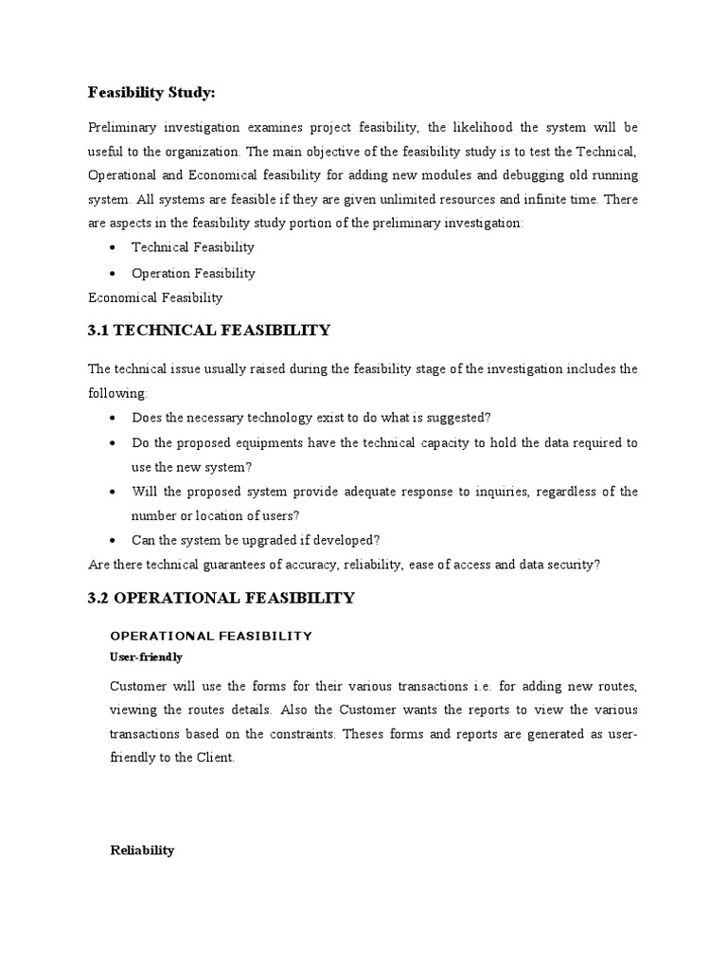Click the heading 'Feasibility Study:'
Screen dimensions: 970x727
click(x=151, y=92)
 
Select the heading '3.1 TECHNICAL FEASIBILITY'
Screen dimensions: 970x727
click(x=209, y=331)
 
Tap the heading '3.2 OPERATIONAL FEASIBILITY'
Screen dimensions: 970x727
click(x=222, y=598)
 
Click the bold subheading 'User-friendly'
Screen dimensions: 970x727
click(x=147, y=656)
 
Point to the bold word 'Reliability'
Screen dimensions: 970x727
click(x=143, y=850)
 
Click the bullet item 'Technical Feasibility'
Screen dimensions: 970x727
click(x=193, y=247)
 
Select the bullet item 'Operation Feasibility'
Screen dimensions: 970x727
click(x=193, y=273)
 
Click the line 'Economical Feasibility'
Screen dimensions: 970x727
click(x=155, y=297)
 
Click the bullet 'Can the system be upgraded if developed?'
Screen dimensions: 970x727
click(x=256, y=541)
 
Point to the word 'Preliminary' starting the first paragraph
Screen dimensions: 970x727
click(x=119, y=127)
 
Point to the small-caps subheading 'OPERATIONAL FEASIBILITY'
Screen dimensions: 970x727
click(x=211, y=636)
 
